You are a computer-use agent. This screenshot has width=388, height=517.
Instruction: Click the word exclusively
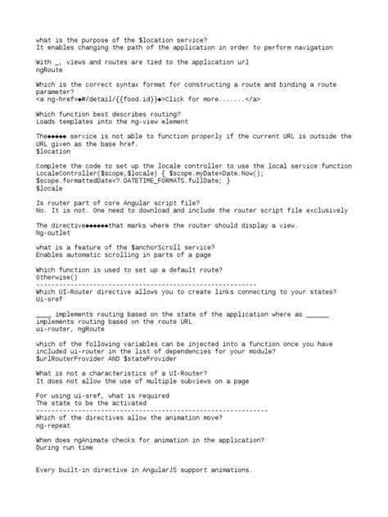pos(323,209)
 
